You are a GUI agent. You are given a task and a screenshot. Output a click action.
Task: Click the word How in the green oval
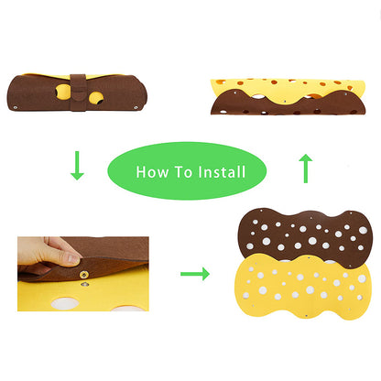point(150,171)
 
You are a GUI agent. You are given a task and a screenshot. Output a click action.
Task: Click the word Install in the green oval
point(219,171)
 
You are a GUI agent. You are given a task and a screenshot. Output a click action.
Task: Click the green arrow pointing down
point(77,165)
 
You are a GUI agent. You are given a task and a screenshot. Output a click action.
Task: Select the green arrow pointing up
point(305,169)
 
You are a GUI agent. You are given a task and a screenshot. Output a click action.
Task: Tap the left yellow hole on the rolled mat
point(60,91)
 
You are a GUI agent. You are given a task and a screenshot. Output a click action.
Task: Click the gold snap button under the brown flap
point(84,271)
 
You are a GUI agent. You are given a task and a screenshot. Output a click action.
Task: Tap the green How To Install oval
point(188,171)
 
